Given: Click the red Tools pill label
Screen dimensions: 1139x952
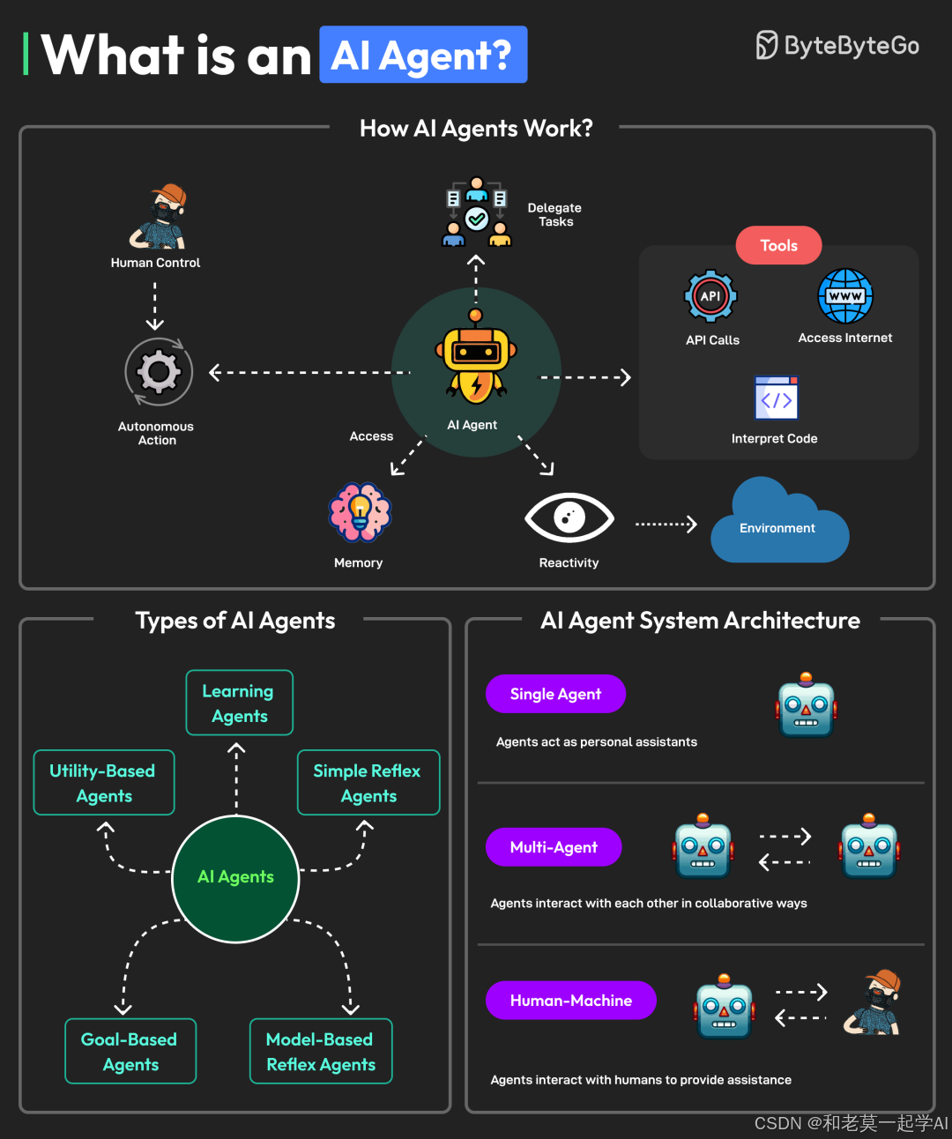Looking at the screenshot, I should [x=778, y=245].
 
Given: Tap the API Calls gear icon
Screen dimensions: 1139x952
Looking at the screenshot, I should [x=710, y=296].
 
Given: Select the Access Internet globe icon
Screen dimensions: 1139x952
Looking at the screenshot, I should [x=845, y=296].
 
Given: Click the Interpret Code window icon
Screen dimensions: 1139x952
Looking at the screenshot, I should [x=776, y=398].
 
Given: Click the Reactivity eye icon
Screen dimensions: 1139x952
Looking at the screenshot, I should [x=569, y=517].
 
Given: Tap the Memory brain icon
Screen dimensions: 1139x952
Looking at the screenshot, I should [x=360, y=512].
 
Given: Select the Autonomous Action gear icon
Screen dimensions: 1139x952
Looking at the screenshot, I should [x=158, y=372].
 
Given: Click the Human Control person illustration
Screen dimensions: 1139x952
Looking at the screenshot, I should [x=159, y=217].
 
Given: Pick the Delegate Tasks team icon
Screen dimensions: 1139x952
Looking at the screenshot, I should [x=476, y=212].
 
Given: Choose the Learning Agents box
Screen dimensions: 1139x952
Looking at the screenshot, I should [x=239, y=703].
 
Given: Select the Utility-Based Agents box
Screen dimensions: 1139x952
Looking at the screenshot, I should [x=104, y=783].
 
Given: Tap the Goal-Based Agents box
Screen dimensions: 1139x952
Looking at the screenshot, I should [x=130, y=1052].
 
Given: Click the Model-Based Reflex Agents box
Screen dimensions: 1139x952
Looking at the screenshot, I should [x=321, y=1052].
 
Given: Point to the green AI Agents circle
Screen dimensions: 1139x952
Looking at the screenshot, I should [x=235, y=878].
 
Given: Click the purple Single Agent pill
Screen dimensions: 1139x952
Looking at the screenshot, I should [x=555, y=694].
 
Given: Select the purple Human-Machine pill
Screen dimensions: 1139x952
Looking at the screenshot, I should [x=570, y=1001].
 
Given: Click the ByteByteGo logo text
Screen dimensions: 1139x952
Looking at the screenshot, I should [x=851, y=46].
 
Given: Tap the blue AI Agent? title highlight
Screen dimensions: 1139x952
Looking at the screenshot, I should [x=423, y=55].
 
